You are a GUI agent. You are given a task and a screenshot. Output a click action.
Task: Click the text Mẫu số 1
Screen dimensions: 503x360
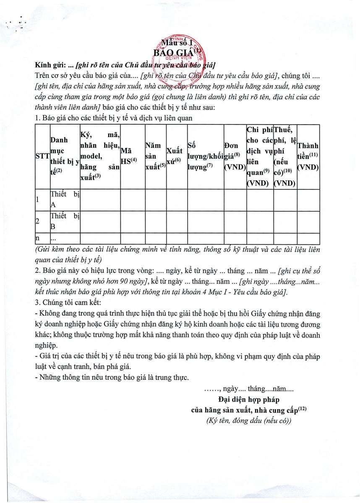tap(177, 42)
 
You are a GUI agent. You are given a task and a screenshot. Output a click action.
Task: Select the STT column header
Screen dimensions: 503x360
tap(42, 156)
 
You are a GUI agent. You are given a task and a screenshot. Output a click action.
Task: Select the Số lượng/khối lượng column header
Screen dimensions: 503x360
tap(205, 156)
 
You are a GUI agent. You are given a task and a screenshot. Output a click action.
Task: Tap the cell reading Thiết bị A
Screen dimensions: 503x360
tap(65, 200)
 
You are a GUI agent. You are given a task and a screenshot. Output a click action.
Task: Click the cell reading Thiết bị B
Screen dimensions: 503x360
tap(65, 222)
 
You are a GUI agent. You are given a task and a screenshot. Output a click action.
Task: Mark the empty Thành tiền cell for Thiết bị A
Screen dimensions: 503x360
tap(308, 200)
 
